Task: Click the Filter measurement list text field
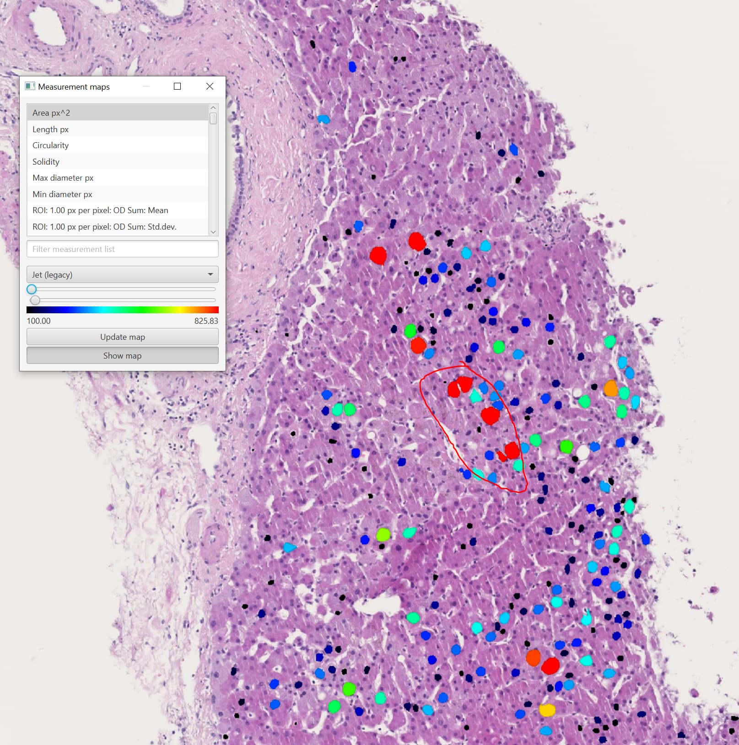coord(122,249)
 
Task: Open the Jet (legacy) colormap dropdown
coord(122,275)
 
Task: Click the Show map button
coord(122,356)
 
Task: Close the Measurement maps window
coord(210,86)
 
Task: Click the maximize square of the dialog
coord(178,86)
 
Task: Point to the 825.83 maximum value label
coord(206,321)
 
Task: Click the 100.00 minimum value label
coord(39,321)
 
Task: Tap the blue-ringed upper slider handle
coord(32,289)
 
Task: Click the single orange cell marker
coord(611,388)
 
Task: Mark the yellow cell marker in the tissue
coord(547,710)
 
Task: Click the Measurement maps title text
coord(74,87)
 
